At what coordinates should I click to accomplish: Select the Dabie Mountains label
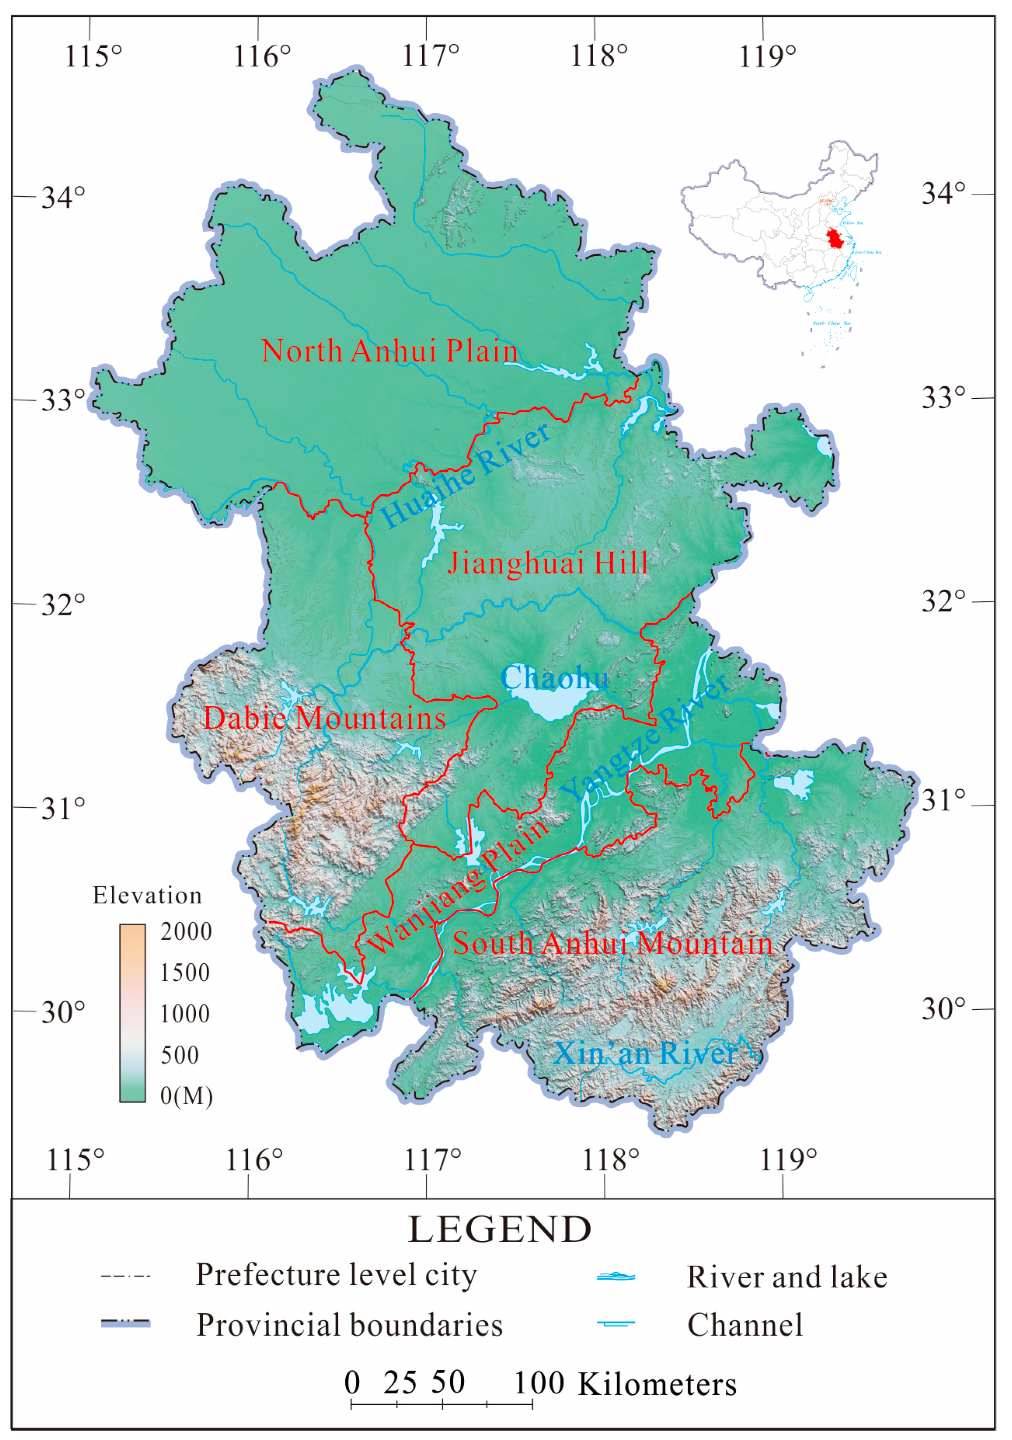point(324,718)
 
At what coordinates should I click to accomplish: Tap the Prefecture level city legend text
point(336,1275)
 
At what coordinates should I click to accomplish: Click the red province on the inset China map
point(834,239)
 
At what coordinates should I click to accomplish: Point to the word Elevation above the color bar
point(148,896)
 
